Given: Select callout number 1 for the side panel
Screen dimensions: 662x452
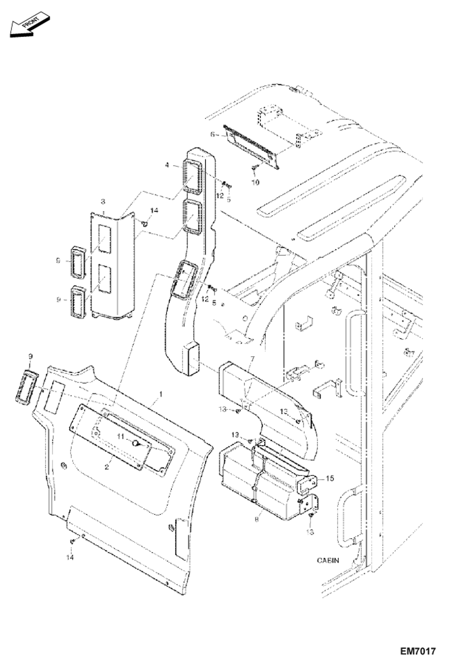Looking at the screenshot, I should click(x=161, y=394).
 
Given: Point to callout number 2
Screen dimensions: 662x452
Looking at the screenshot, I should click(x=106, y=467).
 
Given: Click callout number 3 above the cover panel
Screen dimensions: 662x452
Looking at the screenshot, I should click(x=103, y=201).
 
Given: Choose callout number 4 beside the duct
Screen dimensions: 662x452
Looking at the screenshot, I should click(x=167, y=165).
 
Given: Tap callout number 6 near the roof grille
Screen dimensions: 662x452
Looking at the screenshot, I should click(x=213, y=135).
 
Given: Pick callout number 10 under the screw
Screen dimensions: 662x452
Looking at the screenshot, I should click(x=255, y=182).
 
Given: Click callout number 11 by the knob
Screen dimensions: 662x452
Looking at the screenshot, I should click(x=121, y=436).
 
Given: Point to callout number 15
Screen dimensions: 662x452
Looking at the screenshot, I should click(x=330, y=479).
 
